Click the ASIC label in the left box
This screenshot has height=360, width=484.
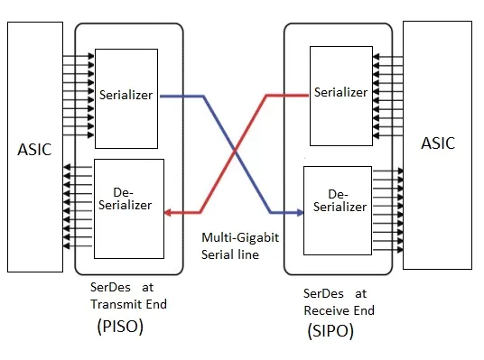tap(34, 150)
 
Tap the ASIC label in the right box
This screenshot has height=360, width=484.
tap(438, 143)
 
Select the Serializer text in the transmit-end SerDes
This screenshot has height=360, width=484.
tap(126, 95)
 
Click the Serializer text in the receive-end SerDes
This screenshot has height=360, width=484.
tap(340, 92)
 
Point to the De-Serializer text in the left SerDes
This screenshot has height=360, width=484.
tap(125, 199)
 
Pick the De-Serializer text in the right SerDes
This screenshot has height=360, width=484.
tap(340, 200)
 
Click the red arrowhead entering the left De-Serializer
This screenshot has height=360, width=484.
tap(168, 213)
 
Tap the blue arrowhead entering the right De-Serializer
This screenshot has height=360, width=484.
tap(300, 212)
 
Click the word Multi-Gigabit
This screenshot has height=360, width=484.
tap(240, 237)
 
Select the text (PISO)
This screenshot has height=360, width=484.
tap(120, 327)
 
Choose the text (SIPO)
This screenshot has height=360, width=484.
tap(330, 331)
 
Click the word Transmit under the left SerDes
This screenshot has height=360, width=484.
tap(116, 304)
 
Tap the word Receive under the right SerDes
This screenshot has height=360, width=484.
tap(327, 310)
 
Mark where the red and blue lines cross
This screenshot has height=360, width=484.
tap(236, 152)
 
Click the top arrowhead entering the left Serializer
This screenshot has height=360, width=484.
tap(91, 56)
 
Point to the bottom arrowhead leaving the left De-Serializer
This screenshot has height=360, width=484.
tap(66, 245)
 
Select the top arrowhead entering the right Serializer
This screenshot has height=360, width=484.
tap(376, 57)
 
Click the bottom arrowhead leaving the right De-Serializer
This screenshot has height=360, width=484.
tap(400, 250)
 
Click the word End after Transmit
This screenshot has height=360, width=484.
tap(156, 304)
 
